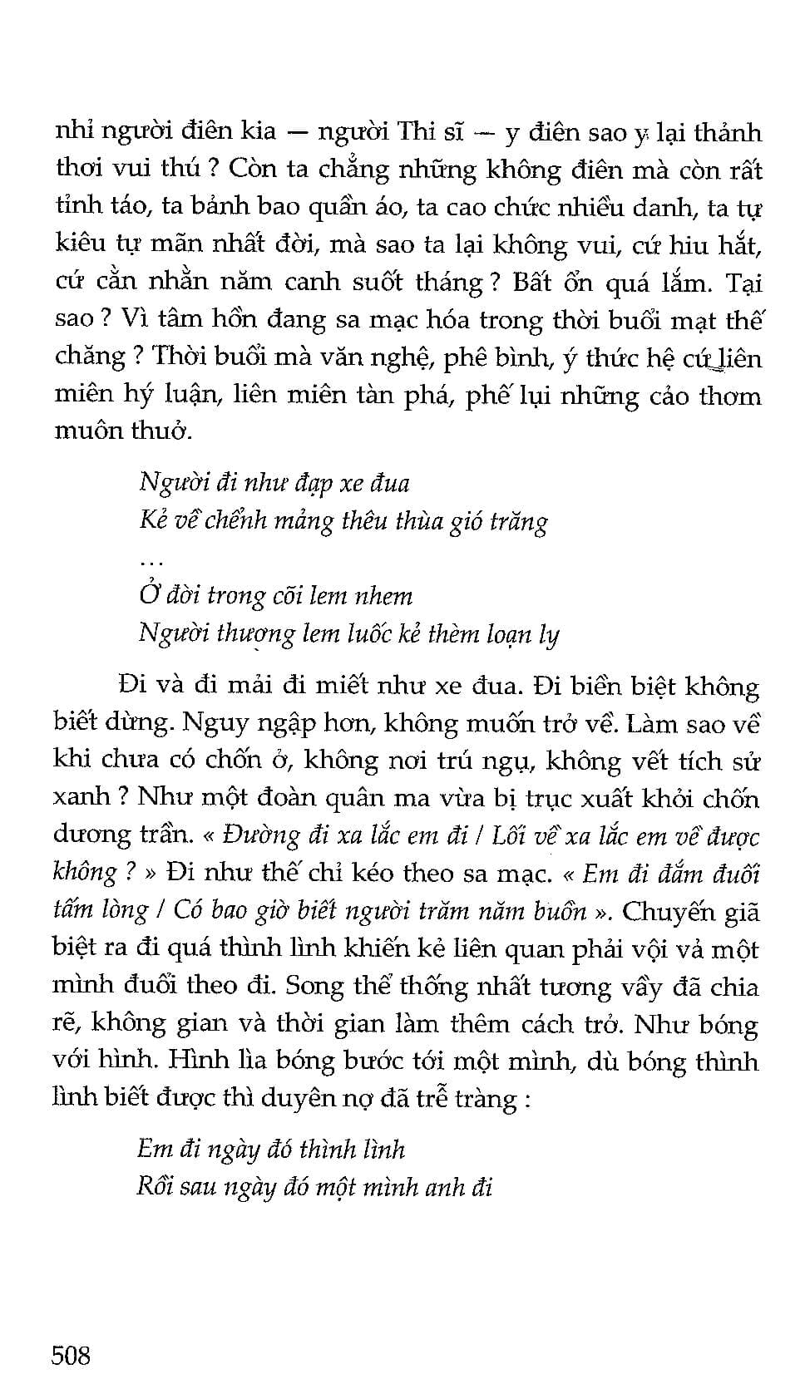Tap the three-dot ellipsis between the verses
pyautogui.click(x=151, y=563)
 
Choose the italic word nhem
pyautogui.click(x=383, y=596)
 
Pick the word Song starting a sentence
pyautogui.click(x=314, y=986)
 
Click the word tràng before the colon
pyautogui.click(x=484, y=1099)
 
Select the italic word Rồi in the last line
pyautogui.click(x=156, y=1187)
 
